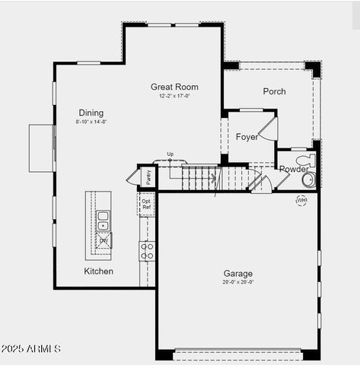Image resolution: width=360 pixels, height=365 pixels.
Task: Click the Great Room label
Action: [174, 87]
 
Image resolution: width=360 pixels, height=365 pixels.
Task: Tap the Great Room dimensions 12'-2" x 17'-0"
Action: [174, 97]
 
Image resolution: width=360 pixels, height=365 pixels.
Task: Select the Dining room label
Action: [91, 113]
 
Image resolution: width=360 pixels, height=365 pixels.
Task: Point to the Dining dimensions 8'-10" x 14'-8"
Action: [91, 122]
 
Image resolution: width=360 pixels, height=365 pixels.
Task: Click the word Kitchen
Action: [98, 271]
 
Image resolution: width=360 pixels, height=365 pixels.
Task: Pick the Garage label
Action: [238, 274]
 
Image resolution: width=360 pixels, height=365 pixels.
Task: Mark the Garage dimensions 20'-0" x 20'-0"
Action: [238, 282]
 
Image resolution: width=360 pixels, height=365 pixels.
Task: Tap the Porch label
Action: [274, 91]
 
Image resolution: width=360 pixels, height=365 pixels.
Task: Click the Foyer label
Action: [247, 138]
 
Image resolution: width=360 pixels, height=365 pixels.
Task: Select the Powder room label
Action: [294, 169]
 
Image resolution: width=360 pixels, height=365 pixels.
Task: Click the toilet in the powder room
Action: [305, 160]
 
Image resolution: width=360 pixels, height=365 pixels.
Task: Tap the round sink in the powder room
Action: [308, 180]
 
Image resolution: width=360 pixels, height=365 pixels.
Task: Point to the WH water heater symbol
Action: [301, 201]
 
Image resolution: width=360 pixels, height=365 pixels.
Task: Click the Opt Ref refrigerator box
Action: [146, 204]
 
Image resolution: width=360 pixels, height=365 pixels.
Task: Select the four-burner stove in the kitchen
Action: [147, 251]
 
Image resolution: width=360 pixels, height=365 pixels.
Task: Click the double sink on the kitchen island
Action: [103, 221]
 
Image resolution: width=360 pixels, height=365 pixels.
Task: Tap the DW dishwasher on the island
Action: [103, 241]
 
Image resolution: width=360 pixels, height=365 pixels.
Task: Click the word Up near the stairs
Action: [170, 154]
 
